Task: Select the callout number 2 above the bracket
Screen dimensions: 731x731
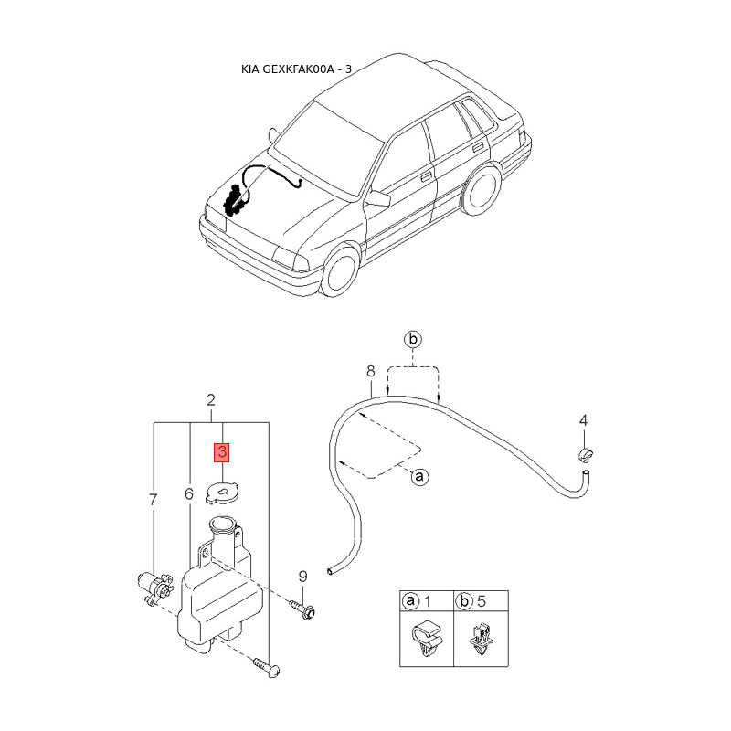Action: click(211, 400)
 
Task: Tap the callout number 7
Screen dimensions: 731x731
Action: click(153, 500)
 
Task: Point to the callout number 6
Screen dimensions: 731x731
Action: click(188, 494)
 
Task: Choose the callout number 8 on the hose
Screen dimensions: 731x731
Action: click(370, 372)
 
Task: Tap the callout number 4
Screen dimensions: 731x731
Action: click(583, 420)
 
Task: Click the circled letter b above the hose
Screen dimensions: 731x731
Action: click(413, 340)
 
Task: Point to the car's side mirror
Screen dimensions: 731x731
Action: click(379, 197)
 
